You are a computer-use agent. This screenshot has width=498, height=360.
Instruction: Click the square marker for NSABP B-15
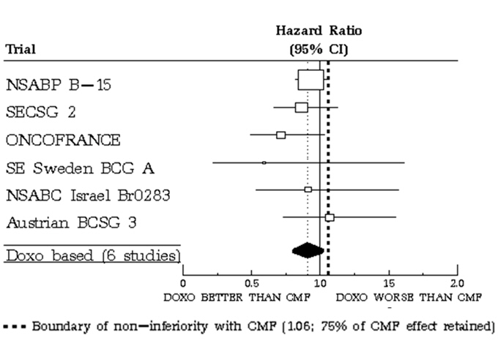point(311,80)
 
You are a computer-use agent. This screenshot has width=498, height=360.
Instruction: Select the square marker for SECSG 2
point(301,108)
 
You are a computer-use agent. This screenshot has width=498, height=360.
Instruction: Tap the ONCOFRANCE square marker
point(281,135)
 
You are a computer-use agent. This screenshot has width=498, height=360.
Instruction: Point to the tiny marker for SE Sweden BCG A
point(264,162)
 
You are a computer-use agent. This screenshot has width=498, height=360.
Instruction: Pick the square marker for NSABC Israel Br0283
point(308,190)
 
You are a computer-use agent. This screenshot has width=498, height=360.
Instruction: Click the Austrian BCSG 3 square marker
point(330,217)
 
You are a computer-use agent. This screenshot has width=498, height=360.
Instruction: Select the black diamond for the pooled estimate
point(307,250)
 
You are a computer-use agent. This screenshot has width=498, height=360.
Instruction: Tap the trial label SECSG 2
point(40,112)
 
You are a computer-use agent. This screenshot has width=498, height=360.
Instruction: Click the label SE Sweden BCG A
point(80,168)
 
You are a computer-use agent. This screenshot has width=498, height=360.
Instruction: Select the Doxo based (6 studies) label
point(92,255)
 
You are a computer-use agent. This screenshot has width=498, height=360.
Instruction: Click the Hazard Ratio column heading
point(319,31)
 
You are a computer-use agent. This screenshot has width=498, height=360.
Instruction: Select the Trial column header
point(21,50)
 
